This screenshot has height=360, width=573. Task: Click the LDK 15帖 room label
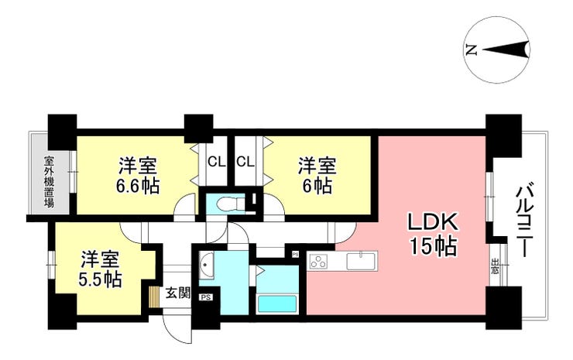click(x=434, y=235)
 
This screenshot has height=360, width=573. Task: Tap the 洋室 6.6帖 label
click(x=138, y=176)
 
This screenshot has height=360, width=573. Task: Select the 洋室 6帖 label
click(x=317, y=176)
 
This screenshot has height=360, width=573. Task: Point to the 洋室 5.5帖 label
click(x=100, y=269)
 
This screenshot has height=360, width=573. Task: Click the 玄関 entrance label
click(x=178, y=293)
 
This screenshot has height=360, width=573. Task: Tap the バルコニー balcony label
click(x=525, y=222)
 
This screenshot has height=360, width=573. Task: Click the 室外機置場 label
click(x=49, y=182)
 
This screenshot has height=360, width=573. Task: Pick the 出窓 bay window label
click(x=496, y=266)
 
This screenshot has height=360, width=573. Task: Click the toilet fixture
click(x=230, y=203)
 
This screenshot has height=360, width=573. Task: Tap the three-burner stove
click(x=319, y=262)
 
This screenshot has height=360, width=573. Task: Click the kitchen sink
click(x=362, y=261)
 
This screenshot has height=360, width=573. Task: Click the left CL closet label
click(x=216, y=161)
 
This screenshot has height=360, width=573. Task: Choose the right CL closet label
click(x=245, y=161)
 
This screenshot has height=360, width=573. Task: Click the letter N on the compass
click(x=472, y=50)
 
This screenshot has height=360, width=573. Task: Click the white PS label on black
click(x=206, y=297)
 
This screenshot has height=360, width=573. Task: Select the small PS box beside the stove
click(x=295, y=253)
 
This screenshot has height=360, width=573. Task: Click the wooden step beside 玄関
click(x=154, y=297)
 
